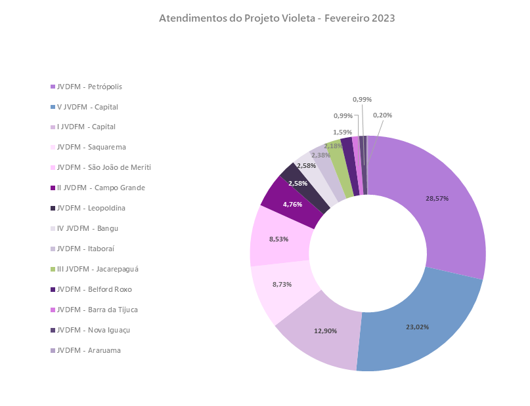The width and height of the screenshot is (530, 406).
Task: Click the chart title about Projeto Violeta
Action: pos(276,18)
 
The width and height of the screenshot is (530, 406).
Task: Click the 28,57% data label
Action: pos(437,198)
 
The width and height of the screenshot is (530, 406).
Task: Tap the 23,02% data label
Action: pos(417,326)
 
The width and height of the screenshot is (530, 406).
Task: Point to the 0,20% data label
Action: pos(382,115)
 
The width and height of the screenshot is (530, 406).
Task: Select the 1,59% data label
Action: pos(342,132)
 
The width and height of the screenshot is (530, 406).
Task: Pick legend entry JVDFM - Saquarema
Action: pos(91,148)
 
